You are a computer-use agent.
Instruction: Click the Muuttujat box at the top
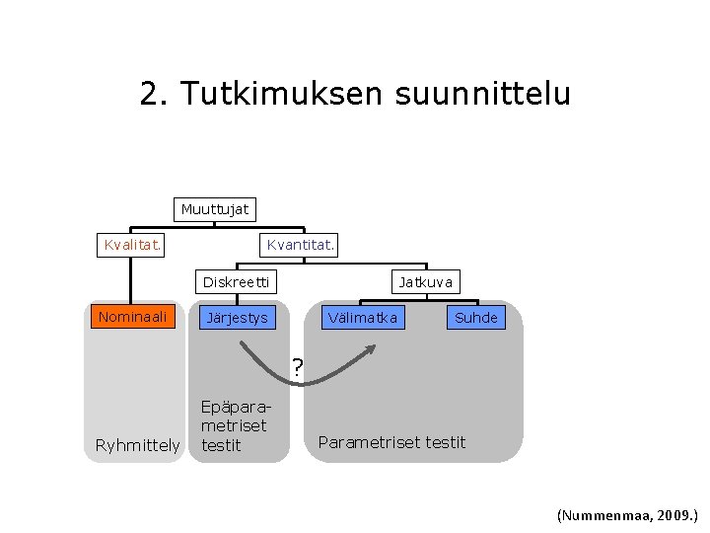[x=215, y=209]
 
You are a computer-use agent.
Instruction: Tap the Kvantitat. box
[x=301, y=244]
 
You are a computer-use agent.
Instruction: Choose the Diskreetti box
[x=236, y=282]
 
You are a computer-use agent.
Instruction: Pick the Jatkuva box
[x=426, y=282]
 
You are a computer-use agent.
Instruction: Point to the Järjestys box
[x=235, y=318]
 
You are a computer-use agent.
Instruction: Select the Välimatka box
[x=363, y=317]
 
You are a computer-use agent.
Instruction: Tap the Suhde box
[x=475, y=318]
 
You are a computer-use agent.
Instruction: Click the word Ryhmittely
[x=137, y=445]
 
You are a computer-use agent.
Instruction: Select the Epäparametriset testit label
[x=234, y=425]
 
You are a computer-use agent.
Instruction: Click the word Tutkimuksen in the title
[x=281, y=94]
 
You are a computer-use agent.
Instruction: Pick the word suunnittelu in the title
[x=482, y=94]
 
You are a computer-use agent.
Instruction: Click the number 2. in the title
[x=153, y=94]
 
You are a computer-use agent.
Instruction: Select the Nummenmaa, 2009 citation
[x=627, y=514]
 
